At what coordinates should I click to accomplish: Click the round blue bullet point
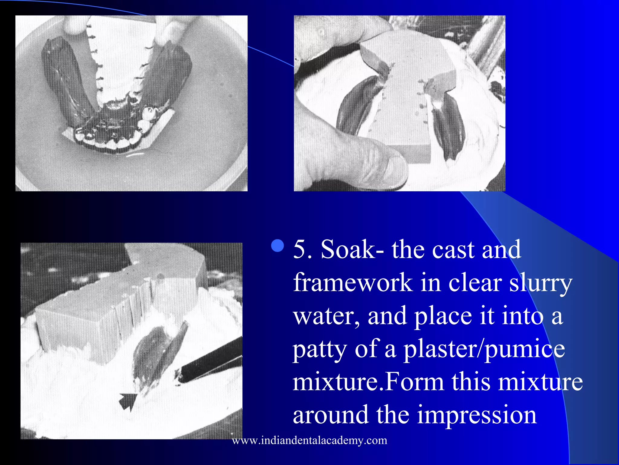click(x=278, y=246)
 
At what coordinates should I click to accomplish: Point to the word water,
click(x=326, y=316)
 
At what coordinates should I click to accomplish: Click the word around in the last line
click(x=331, y=415)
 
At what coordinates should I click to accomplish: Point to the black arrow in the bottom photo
click(x=128, y=401)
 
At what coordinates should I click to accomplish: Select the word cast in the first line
click(x=453, y=250)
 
